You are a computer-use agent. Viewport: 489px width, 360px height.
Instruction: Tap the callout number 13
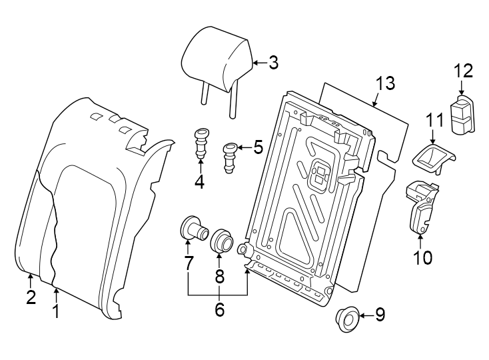(384, 83)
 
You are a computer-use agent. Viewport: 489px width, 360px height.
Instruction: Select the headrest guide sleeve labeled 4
(201, 142)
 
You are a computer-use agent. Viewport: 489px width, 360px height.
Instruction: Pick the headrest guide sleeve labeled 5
(230, 156)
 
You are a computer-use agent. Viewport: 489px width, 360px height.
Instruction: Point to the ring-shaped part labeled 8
(221, 241)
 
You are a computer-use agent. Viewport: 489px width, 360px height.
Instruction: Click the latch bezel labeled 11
(434, 157)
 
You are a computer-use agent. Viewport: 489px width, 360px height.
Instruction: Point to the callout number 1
(56, 311)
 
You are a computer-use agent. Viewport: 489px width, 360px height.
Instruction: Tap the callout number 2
(31, 297)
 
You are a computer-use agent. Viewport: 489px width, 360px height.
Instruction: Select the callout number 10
(422, 257)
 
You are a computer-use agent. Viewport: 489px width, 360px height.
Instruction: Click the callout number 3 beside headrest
(273, 63)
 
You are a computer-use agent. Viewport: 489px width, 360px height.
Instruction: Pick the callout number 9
(380, 315)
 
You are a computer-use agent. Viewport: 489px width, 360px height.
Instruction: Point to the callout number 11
(434, 121)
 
